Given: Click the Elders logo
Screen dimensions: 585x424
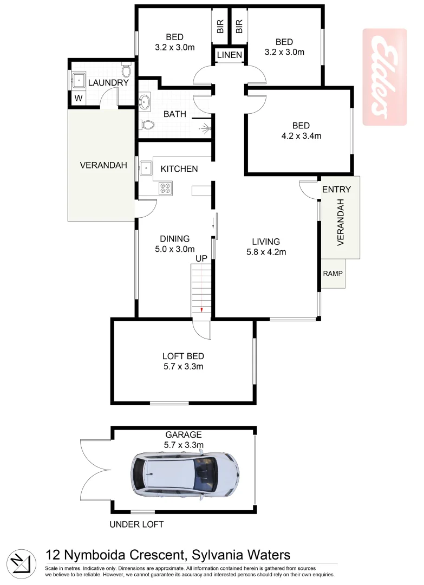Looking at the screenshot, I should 384,77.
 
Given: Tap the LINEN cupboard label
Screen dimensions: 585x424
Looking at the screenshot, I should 230,55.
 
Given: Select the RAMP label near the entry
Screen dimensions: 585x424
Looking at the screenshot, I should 332,273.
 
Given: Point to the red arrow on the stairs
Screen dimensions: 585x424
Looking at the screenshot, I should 201,309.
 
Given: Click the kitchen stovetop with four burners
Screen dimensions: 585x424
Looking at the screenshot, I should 165,188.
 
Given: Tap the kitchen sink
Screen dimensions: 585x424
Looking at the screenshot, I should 145,168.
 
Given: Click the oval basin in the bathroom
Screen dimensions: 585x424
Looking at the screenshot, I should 145,101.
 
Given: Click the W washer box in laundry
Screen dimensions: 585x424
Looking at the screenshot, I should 78,99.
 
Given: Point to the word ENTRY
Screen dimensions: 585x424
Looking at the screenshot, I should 336,190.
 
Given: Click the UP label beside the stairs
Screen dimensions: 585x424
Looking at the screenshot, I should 201,259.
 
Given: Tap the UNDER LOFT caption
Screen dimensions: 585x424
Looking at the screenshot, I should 136,524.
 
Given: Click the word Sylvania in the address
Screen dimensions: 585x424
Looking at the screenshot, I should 217,555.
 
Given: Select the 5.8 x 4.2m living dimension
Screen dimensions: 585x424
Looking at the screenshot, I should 265,252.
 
